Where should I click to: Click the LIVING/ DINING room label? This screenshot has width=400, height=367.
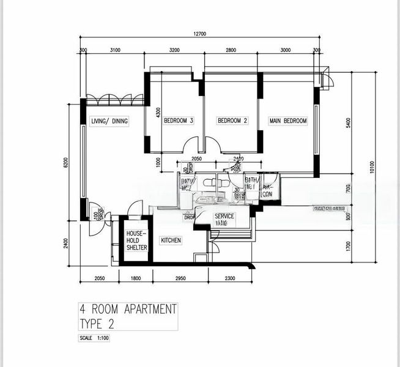[109, 121]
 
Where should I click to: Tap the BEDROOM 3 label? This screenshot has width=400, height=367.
[179, 121]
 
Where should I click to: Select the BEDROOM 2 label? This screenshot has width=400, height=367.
[232, 121]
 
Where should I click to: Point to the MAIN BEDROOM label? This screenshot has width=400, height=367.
[288, 121]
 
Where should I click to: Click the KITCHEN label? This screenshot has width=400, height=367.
[171, 241]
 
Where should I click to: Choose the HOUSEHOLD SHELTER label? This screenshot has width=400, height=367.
[136, 240]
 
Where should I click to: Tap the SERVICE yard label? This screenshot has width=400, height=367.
[224, 217]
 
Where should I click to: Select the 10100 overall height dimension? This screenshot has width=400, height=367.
[372, 169]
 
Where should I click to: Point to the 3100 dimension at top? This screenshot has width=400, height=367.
[114, 50]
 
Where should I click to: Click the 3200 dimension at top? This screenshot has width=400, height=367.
[174, 50]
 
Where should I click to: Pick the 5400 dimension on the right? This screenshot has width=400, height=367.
[348, 122]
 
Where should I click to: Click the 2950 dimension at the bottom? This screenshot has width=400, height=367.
[180, 279]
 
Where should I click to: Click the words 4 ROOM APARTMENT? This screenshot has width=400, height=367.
[128, 309]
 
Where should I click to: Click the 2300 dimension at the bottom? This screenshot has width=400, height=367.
[230, 279]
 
